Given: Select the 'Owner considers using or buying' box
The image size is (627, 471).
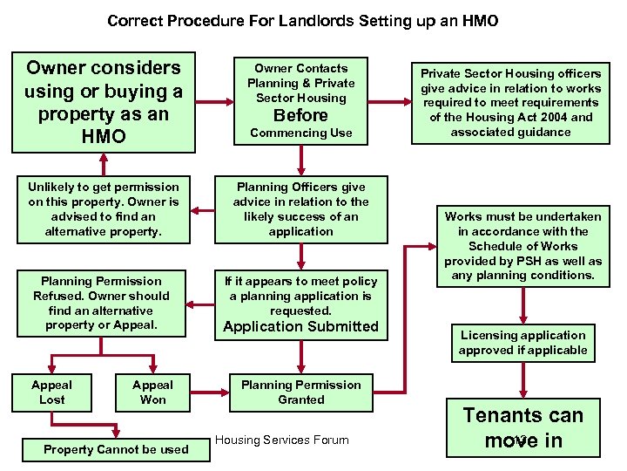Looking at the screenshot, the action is (103, 102).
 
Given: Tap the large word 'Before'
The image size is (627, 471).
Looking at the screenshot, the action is (300, 115).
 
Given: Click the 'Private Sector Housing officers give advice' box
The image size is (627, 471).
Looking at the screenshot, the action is (511, 103).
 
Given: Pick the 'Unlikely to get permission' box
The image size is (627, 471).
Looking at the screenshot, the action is (103, 209).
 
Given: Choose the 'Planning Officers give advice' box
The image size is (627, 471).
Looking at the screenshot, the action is (300, 209).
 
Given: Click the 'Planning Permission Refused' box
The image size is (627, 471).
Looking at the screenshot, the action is (103, 303).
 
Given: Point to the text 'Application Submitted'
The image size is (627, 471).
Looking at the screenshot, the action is (300, 327).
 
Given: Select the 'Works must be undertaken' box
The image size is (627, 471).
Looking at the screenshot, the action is (522, 246).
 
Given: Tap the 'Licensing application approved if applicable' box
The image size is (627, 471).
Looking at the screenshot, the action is (522, 343).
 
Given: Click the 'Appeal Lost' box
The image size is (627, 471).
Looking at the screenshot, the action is (51, 392).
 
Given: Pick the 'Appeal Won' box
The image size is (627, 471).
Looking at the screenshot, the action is (152, 392).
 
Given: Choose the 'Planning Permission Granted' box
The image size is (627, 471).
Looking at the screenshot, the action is (300, 392).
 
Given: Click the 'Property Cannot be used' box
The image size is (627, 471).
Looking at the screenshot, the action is (116, 449).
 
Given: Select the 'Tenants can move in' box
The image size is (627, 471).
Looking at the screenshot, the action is (522, 427).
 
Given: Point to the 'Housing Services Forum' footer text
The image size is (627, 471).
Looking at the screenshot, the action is (281, 440).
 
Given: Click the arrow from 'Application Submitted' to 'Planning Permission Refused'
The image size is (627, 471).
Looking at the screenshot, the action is (202, 304).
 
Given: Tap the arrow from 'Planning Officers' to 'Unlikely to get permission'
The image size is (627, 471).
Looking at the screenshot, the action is (202, 209).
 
